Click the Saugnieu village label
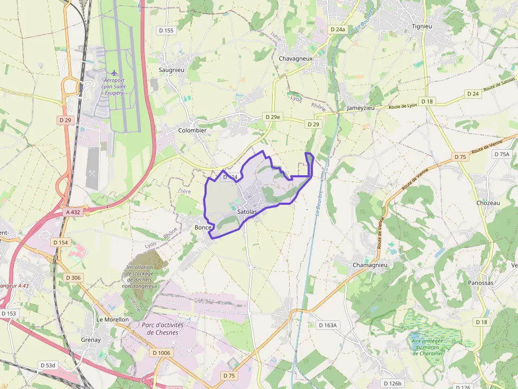(x=171, y=70)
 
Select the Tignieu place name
(x=422, y=25)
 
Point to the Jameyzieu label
(x=360, y=108)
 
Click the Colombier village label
(x=192, y=130)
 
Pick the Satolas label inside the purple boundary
(x=247, y=212)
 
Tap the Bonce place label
(x=203, y=227)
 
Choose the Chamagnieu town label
(x=370, y=265)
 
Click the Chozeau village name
(x=487, y=203)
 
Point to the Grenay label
(x=90, y=340)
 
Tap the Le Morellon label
(x=112, y=319)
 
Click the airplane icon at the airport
(x=114, y=72)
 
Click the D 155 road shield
(x=166, y=31)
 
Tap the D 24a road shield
(x=337, y=30)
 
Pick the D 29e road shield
(x=273, y=117)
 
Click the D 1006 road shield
(x=161, y=353)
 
